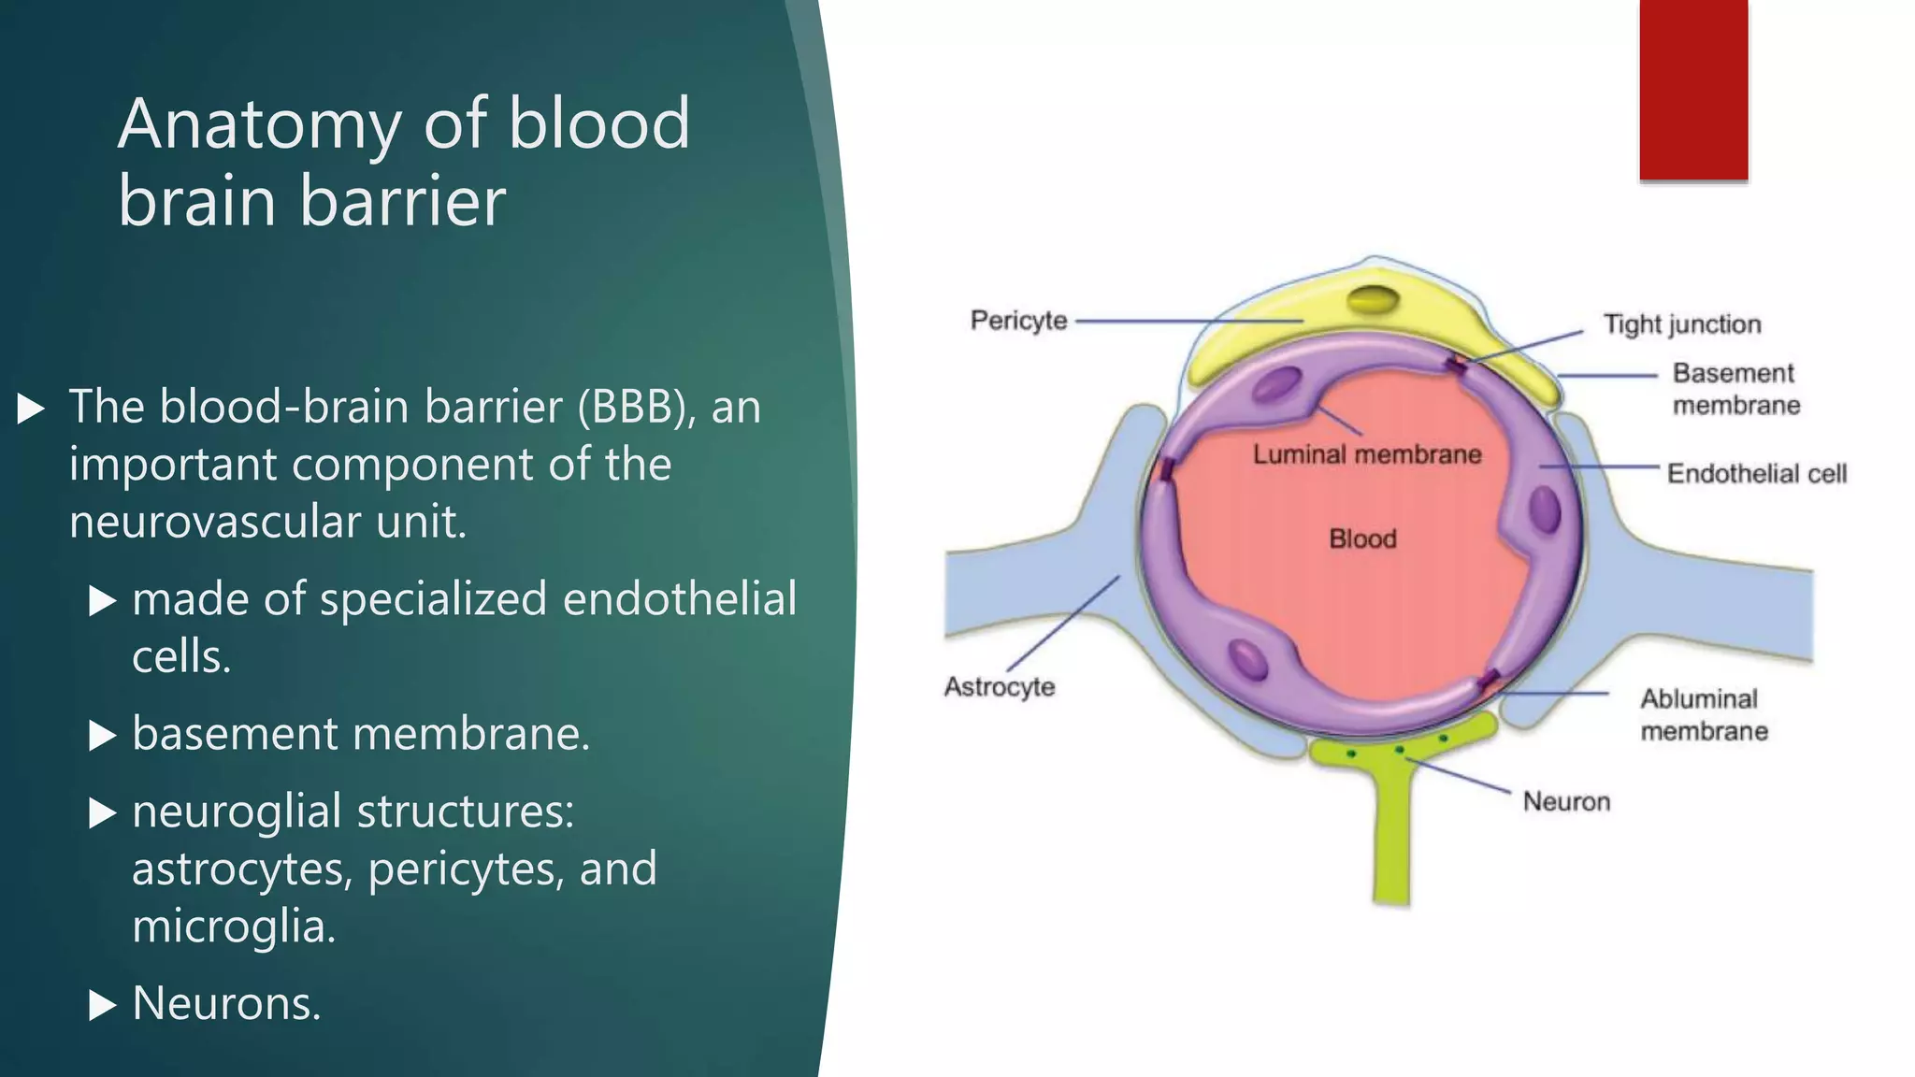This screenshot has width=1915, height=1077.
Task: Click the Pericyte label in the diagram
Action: click(1018, 321)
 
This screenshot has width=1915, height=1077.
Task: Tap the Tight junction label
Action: click(1682, 324)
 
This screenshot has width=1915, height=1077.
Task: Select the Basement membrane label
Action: click(1735, 389)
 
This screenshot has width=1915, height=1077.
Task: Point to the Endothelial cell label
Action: click(1757, 474)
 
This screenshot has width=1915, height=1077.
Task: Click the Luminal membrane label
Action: click(1367, 455)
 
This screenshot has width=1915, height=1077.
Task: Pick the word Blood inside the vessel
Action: click(1362, 539)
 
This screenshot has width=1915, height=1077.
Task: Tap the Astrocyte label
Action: click(1000, 687)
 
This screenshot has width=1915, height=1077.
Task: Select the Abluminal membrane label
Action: click(1703, 715)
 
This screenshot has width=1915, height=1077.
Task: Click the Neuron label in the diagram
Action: click(1566, 802)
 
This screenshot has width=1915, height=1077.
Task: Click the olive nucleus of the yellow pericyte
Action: click(1373, 301)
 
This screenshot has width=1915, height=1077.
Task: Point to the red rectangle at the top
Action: click(1693, 90)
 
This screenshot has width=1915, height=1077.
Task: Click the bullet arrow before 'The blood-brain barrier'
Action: click(31, 409)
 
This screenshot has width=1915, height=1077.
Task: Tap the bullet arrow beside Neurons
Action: click(102, 1006)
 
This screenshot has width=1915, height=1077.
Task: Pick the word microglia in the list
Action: click(233, 926)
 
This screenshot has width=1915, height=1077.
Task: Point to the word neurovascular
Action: click(214, 522)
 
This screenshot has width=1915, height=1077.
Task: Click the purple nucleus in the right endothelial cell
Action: click(1545, 510)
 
